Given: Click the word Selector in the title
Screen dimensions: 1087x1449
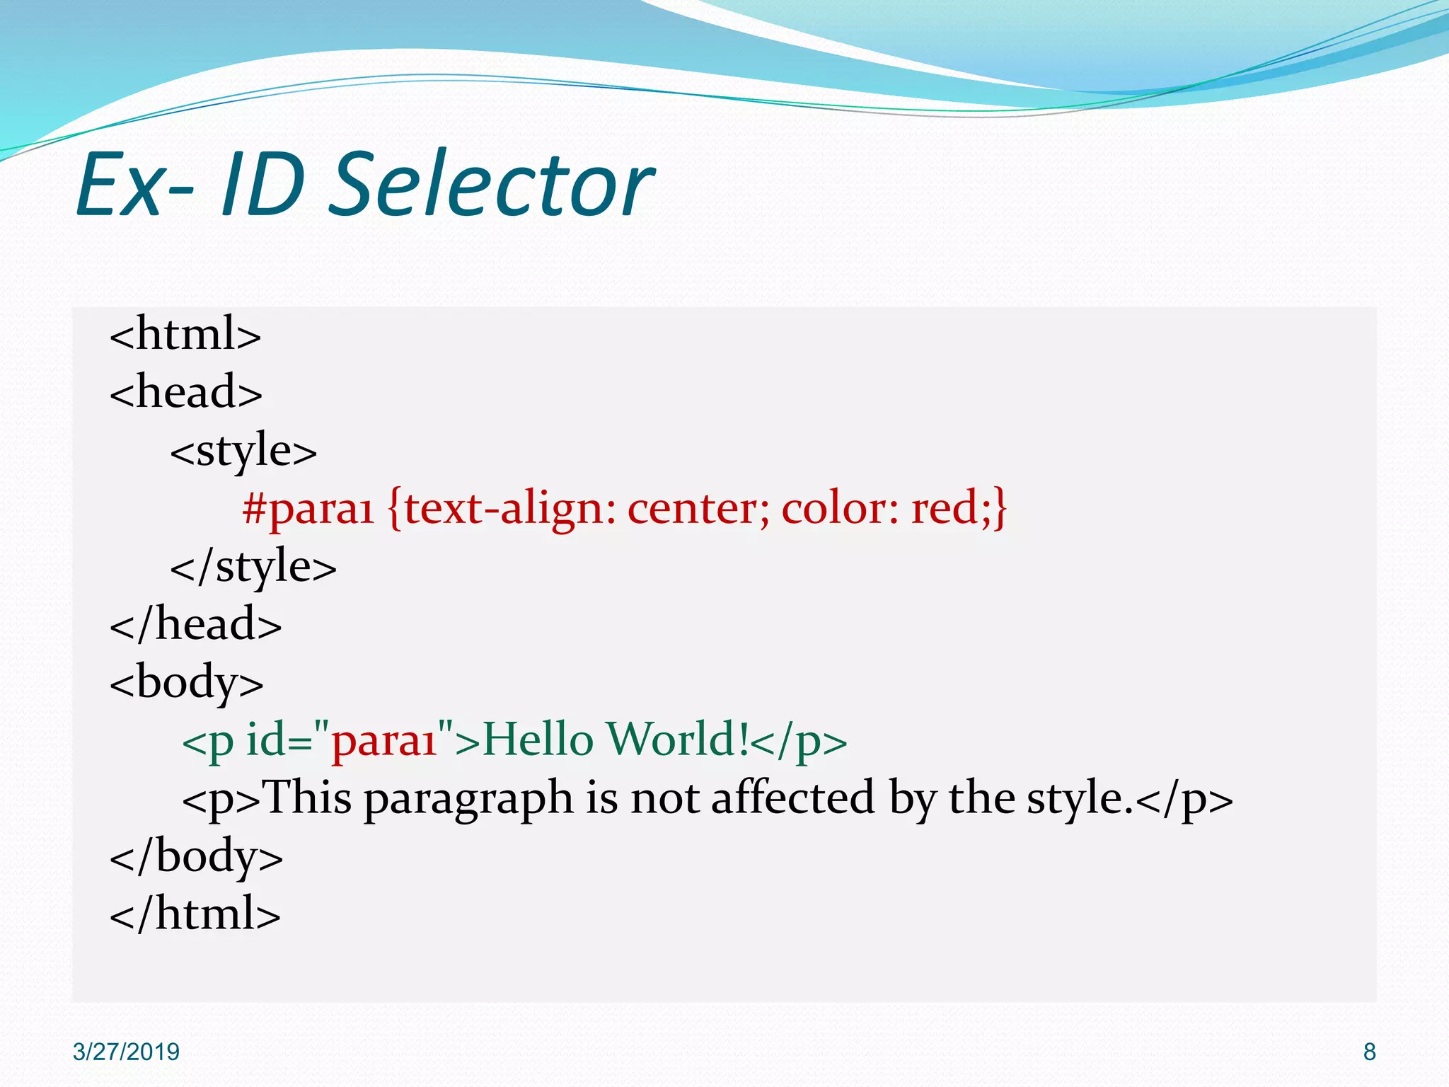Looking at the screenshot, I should tap(491, 185).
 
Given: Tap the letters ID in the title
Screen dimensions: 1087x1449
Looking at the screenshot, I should tap(263, 185).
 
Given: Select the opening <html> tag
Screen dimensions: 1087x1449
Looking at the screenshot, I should tap(185, 334).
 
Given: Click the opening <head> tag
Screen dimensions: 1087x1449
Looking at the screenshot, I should tap(185, 392).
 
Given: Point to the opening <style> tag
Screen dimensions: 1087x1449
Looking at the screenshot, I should tap(243, 451).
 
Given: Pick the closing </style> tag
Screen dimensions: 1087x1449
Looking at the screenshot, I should tap(253, 567).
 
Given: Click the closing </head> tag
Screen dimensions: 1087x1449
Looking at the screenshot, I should tap(195, 625).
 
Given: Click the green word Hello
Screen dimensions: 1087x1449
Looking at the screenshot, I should tap(538, 740).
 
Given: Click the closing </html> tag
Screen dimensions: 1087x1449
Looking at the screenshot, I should tap(195, 914).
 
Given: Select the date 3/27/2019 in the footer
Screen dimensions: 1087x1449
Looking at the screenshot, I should tap(126, 1052).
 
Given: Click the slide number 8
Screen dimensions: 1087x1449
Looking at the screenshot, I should tap(1369, 1052).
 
